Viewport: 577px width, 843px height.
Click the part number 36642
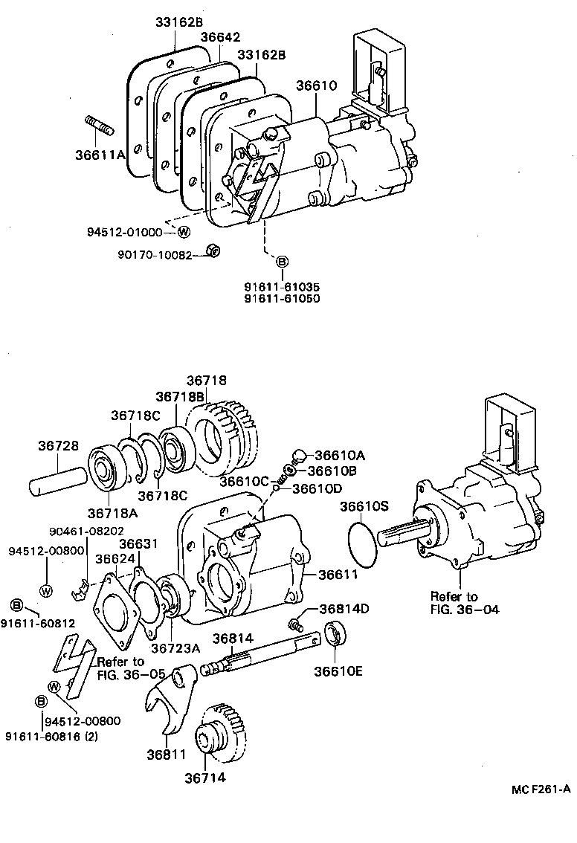[221, 36]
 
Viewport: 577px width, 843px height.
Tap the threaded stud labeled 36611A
[99, 128]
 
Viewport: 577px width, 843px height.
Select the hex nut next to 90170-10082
[210, 253]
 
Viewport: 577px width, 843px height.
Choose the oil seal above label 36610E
[335, 633]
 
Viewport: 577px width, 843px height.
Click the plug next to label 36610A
[299, 454]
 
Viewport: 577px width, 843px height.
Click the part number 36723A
[176, 647]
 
